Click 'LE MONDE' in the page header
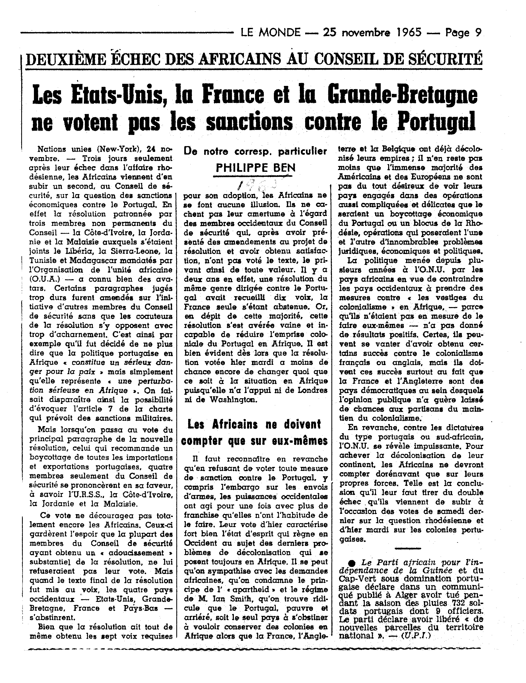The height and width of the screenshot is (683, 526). pos(270,33)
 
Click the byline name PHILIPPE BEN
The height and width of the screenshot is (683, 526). pos(256,168)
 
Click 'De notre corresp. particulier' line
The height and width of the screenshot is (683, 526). pos(256,151)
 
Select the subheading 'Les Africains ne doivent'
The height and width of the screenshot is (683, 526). pos(254,424)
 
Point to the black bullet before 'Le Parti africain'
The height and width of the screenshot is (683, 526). pos(352,563)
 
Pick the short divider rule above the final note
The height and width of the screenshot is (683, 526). pos(408,548)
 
